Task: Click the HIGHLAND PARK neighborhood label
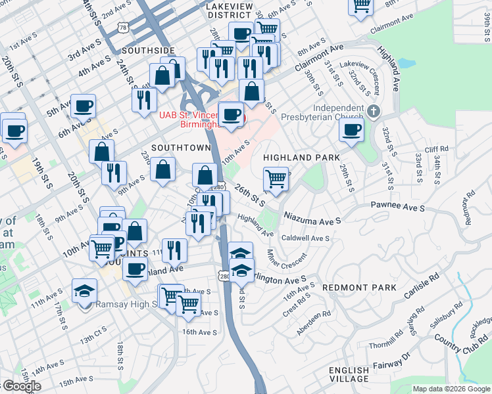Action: click(x=301, y=158)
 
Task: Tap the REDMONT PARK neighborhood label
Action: click(x=359, y=288)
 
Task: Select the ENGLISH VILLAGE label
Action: click(x=349, y=374)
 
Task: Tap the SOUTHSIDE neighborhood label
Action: click(x=148, y=51)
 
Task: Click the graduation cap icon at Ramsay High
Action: click(x=84, y=290)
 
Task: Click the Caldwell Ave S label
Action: click(x=305, y=238)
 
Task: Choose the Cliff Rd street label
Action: click(x=436, y=150)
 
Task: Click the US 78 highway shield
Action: click(x=122, y=26)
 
